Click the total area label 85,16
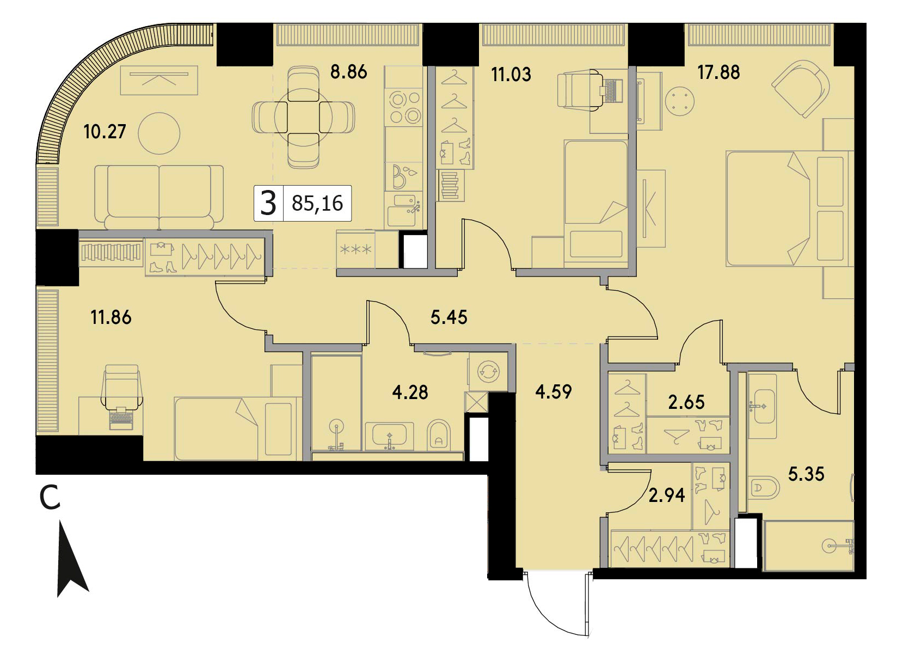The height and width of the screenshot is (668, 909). pyautogui.click(x=317, y=203)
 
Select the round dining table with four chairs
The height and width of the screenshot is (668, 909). pyautogui.click(x=303, y=117)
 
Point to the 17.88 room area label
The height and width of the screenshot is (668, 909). pyautogui.click(x=718, y=72)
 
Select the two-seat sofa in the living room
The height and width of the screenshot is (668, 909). pyautogui.click(x=159, y=198)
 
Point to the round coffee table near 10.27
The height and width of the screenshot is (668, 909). pyautogui.click(x=159, y=133)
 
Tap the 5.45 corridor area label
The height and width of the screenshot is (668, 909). pyautogui.click(x=449, y=317)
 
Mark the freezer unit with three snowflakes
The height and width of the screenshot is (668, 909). pyautogui.click(x=355, y=249)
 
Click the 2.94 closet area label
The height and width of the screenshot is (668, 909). pyautogui.click(x=667, y=495)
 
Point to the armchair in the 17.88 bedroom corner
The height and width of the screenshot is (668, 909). pyautogui.click(x=801, y=89)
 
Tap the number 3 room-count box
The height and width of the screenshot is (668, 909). pyautogui.click(x=268, y=203)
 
